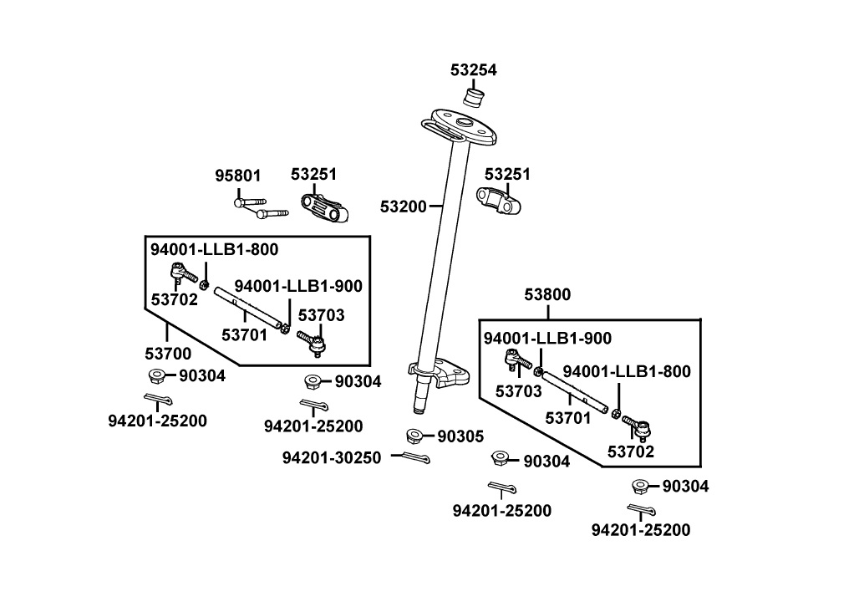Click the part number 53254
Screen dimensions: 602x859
(473, 71)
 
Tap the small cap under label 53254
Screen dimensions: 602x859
(474, 99)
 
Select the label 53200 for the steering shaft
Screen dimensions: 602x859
(403, 206)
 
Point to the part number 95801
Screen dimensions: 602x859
(238, 176)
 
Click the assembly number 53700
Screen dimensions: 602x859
(167, 354)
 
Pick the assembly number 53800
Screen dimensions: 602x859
(547, 294)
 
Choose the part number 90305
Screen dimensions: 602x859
(460, 436)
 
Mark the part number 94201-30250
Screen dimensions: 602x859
(331, 457)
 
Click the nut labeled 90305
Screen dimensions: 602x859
(414, 436)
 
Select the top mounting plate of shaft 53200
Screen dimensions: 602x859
(458, 124)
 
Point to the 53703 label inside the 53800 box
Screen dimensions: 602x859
(519, 390)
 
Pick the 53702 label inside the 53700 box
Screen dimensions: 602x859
(174, 299)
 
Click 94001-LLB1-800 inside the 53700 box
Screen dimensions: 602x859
(214, 249)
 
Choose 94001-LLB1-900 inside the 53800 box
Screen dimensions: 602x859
(547, 338)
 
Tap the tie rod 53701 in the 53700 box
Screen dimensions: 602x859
(248, 307)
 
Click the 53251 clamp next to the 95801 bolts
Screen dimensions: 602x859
(323, 207)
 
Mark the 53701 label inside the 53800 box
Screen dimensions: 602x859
(568, 416)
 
